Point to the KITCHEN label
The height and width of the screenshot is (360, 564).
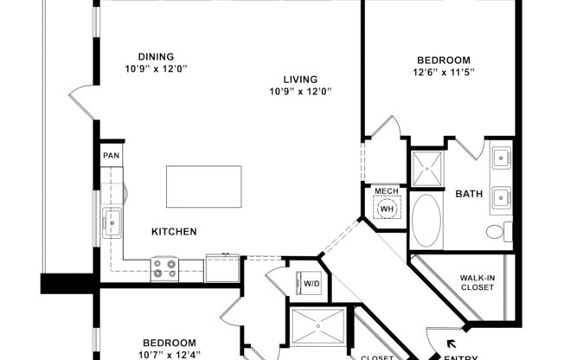[x=175, y=232]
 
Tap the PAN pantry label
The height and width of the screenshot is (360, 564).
[x=111, y=156]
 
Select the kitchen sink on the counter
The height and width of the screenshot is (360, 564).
[x=112, y=222]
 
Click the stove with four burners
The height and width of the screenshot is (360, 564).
[x=164, y=269]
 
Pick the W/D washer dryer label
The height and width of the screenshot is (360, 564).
[x=309, y=282]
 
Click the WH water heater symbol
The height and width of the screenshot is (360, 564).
[x=387, y=209]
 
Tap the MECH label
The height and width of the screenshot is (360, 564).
[x=386, y=190]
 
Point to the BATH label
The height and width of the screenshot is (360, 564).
[x=469, y=195]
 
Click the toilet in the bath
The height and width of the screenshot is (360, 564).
[x=498, y=232]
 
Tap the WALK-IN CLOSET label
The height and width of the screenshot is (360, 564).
[x=477, y=282]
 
